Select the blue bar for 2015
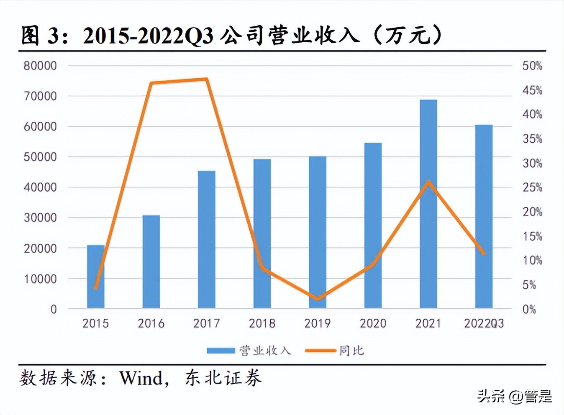coord(95,277)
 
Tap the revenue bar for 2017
coord(206,239)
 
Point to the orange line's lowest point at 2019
coord(317,299)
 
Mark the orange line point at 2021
coord(428,182)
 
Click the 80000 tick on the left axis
coord(40,66)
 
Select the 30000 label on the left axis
coord(40,218)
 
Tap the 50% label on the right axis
coord(532,66)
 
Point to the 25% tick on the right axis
coord(532,187)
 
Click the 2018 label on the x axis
coord(262,323)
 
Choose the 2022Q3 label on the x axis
coord(484,323)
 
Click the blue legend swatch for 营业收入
coord(220,351)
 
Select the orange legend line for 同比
coord(320,351)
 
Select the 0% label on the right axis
coord(529,309)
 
